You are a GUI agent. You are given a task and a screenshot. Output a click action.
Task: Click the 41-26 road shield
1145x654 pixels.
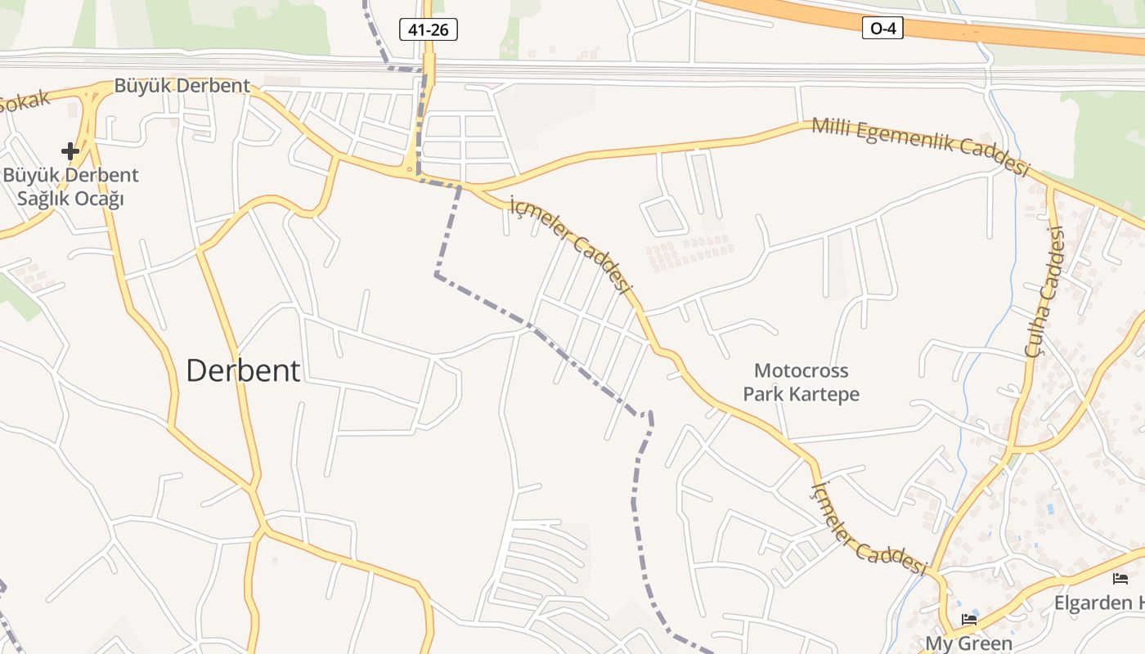(428, 30)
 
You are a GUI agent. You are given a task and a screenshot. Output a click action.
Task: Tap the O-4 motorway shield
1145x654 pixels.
(882, 29)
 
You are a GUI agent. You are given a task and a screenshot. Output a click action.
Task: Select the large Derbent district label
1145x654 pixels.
(243, 370)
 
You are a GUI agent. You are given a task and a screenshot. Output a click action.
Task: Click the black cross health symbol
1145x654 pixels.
(70, 150)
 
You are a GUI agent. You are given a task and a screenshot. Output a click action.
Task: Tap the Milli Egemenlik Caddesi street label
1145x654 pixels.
(919, 146)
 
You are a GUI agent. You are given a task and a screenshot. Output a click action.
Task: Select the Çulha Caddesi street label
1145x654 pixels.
(1046, 291)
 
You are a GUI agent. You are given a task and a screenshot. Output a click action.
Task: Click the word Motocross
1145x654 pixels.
(801, 370)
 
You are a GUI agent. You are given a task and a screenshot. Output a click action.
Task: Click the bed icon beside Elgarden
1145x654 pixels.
(1120, 579)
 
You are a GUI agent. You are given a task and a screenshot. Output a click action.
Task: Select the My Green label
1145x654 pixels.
(968, 643)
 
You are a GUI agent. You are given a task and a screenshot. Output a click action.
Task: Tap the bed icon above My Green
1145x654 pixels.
(969, 620)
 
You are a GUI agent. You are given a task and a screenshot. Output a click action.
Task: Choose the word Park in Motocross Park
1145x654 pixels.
(762, 393)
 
